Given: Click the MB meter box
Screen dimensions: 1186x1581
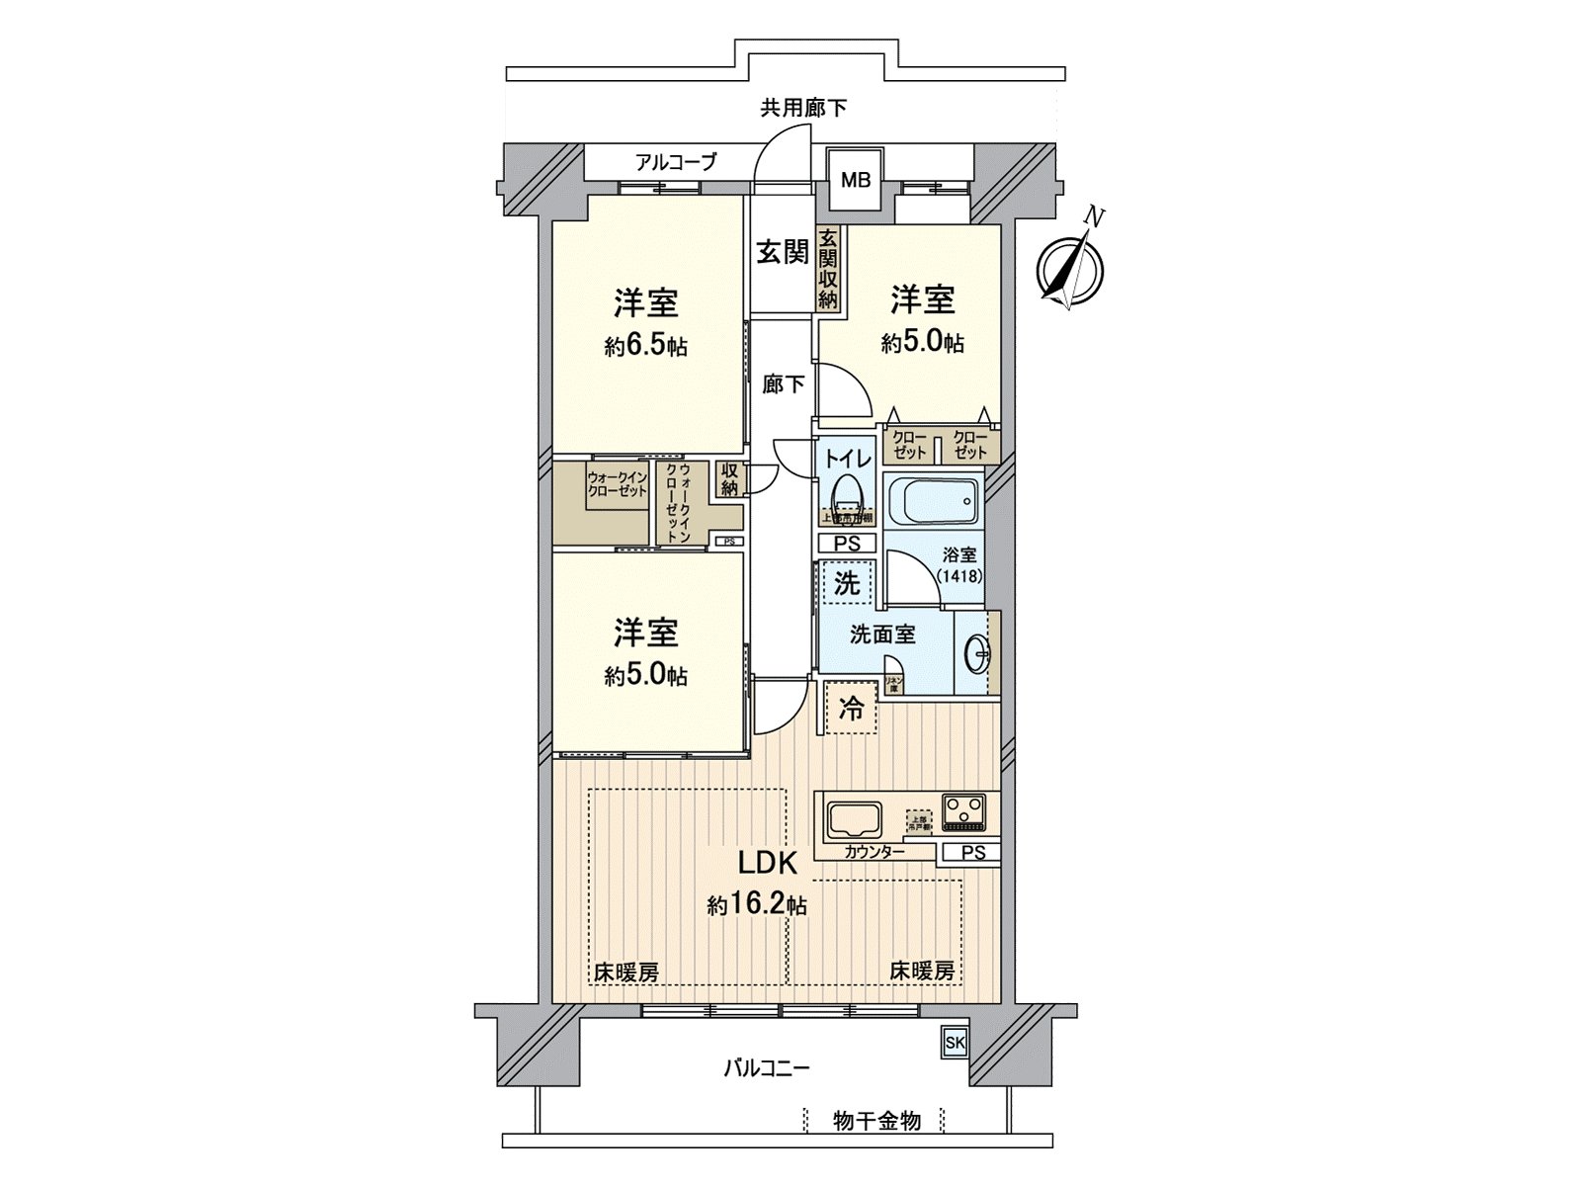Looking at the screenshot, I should [x=855, y=181].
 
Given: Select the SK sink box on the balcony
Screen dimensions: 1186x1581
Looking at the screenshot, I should [x=954, y=1043].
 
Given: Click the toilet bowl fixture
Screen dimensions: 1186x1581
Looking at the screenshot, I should [x=846, y=491].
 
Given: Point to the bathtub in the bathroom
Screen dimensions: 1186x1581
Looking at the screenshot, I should [x=930, y=501].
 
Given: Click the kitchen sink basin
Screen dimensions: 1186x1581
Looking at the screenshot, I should [x=855, y=819].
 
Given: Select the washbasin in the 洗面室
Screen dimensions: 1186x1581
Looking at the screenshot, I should [x=978, y=652].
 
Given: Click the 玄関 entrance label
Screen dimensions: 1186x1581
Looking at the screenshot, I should [x=783, y=253].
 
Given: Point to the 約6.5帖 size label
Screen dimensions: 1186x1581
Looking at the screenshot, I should [x=646, y=346].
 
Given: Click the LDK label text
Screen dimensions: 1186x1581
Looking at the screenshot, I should [x=768, y=864].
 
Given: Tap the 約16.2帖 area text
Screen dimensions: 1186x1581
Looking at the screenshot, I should [x=757, y=904].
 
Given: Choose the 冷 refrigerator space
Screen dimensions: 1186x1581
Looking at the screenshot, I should [x=851, y=709].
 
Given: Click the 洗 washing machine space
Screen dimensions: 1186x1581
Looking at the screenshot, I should [x=847, y=583].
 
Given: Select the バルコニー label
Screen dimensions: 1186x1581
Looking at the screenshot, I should [x=767, y=1068].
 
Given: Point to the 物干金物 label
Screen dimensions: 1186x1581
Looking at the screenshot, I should [x=876, y=1121].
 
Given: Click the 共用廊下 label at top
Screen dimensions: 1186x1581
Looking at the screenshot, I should [x=802, y=108].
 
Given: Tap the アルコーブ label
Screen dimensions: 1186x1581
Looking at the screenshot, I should [x=676, y=162].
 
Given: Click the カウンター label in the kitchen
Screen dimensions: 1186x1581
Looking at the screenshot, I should [x=874, y=851].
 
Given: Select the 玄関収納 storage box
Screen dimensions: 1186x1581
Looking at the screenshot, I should [x=828, y=269].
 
